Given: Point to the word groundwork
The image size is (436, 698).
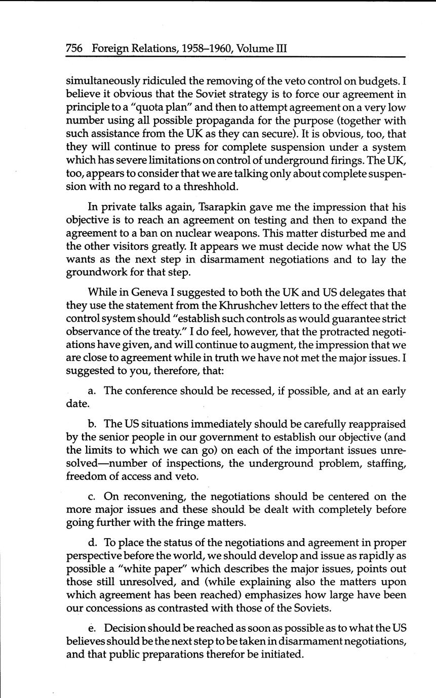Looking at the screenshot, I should coord(95,273).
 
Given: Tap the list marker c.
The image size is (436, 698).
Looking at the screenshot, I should coord(92,497).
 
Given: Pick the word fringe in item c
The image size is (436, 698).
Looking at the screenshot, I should coord(190,523).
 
